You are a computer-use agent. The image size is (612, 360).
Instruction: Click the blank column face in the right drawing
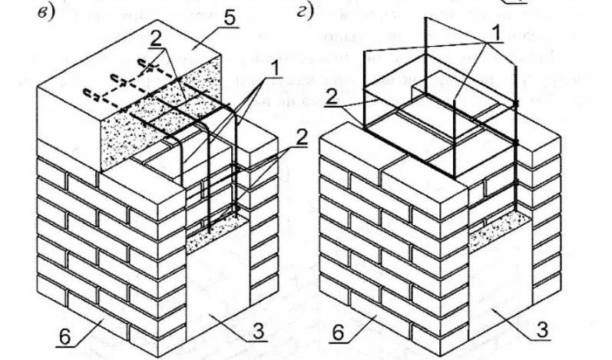point(499,284)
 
